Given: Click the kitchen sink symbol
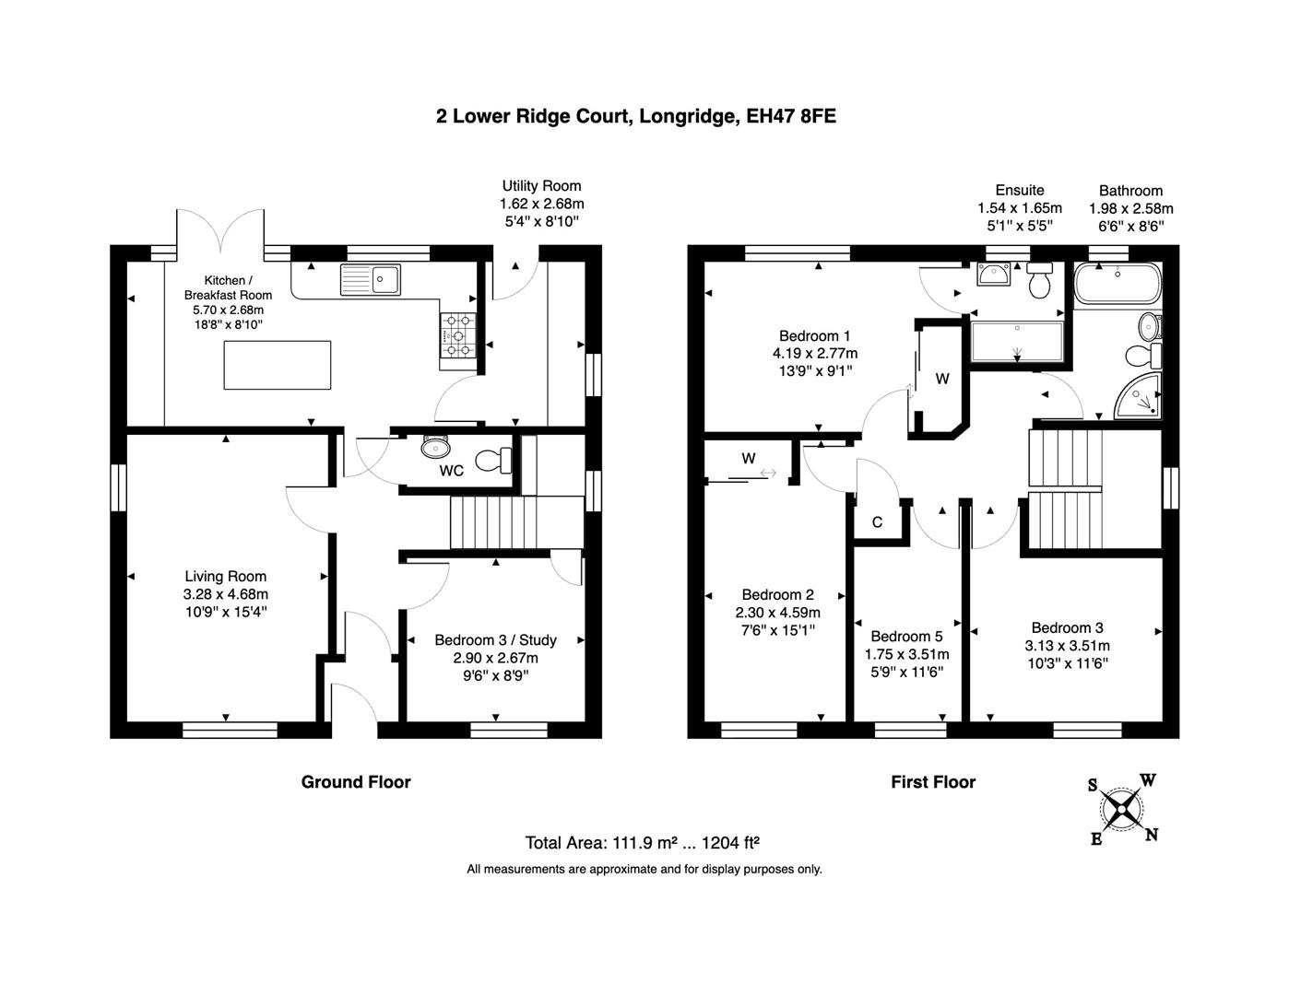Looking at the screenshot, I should [371, 278].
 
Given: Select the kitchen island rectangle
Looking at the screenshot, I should [277, 365].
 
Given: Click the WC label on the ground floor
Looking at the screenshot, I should [451, 471].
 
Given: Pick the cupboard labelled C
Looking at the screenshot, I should [877, 522].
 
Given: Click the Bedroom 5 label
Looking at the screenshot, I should [906, 637].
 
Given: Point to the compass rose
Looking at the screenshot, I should [1122, 810].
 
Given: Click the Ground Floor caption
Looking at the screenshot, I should [356, 782].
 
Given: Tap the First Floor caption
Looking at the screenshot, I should [933, 782].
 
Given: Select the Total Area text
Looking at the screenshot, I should [642, 842].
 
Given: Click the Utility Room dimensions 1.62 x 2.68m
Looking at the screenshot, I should [541, 204].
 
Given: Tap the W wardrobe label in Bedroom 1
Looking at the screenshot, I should [942, 379].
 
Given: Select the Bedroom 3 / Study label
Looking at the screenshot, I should [495, 640].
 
